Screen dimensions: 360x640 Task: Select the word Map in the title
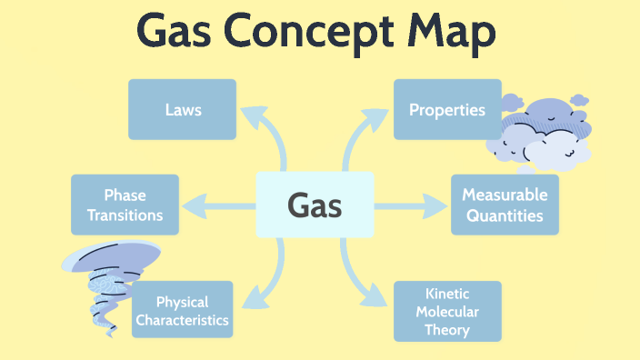point(452,33)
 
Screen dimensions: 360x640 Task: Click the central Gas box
point(315,205)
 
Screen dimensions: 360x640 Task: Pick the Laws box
point(182,109)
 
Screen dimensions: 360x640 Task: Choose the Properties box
point(446,109)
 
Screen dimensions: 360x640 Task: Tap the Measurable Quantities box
point(505,205)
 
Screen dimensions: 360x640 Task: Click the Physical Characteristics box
point(182,310)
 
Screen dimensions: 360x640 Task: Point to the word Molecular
point(446,311)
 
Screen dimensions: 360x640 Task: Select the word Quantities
point(505,216)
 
